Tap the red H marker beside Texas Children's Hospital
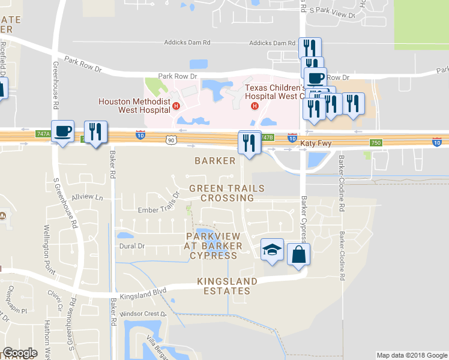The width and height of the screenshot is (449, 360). [255, 107]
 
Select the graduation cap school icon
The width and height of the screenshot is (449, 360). [271, 250]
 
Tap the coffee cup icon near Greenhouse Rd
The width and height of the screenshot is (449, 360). [62, 131]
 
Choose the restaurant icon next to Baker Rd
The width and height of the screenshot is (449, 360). [95, 131]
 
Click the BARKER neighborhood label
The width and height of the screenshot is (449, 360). [215, 161]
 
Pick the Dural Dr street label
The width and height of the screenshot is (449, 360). [133, 246]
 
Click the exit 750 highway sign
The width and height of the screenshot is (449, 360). [376, 142]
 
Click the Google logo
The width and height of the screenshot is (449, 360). [20, 353]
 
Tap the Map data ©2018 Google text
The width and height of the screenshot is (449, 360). [411, 355]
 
